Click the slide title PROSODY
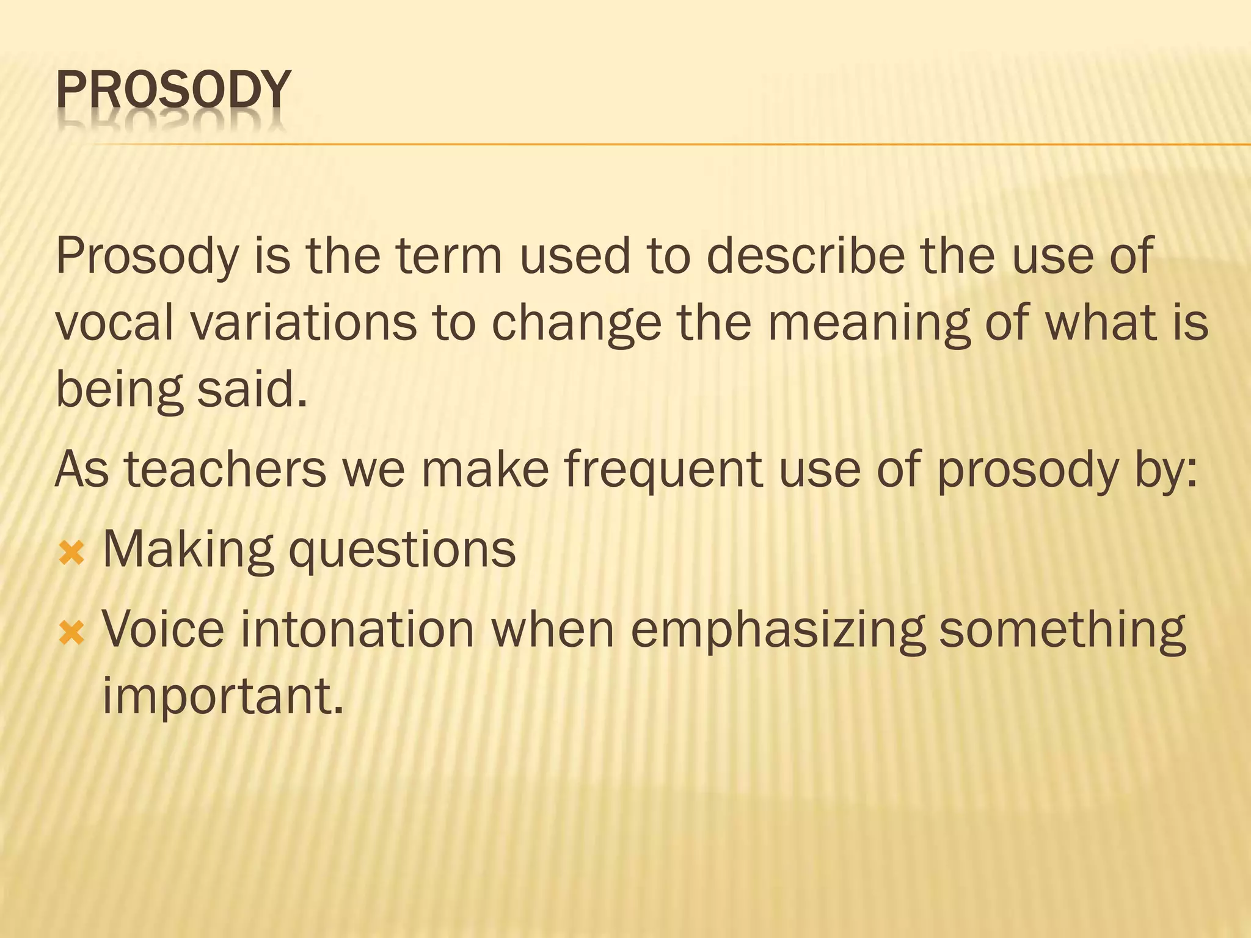coord(173,90)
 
